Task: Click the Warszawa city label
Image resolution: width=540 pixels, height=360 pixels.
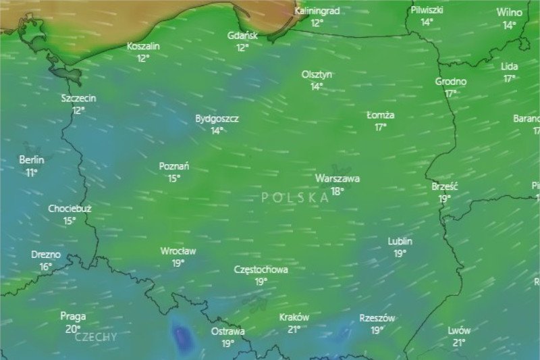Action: [337, 179]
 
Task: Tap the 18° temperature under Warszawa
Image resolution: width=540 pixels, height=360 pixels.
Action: [337, 191]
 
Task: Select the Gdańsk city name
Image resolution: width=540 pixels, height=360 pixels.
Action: [242, 35]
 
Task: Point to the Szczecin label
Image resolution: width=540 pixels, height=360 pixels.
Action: [78, 98]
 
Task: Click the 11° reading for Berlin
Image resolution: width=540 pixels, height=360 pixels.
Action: [32, 173]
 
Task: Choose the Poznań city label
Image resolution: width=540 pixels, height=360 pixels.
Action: [174, 166]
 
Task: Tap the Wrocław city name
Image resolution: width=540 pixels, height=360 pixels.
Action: [178, 251]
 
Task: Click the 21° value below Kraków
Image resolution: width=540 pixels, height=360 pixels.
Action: [294, 330]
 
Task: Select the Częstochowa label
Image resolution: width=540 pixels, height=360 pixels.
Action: [261, 269]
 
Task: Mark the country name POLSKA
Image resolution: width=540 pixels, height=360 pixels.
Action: [295, 197]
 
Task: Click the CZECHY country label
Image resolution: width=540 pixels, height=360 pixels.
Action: [96, 336]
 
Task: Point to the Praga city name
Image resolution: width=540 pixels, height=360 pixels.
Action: [73, 316]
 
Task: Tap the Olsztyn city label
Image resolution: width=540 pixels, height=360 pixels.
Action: [317, 74]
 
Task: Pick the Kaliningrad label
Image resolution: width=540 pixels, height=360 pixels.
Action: [317, 11]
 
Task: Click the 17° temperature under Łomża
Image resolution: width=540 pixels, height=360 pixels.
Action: [381, 127]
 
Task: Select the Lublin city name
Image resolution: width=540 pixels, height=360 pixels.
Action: [400, 241]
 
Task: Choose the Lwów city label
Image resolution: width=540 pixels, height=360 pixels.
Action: [459, 330]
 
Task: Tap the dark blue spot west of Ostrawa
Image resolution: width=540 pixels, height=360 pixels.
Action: [181, 336]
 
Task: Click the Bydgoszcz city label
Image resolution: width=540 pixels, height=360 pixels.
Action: [217, 118]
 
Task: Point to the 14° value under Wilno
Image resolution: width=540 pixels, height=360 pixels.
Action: [509, 25]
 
